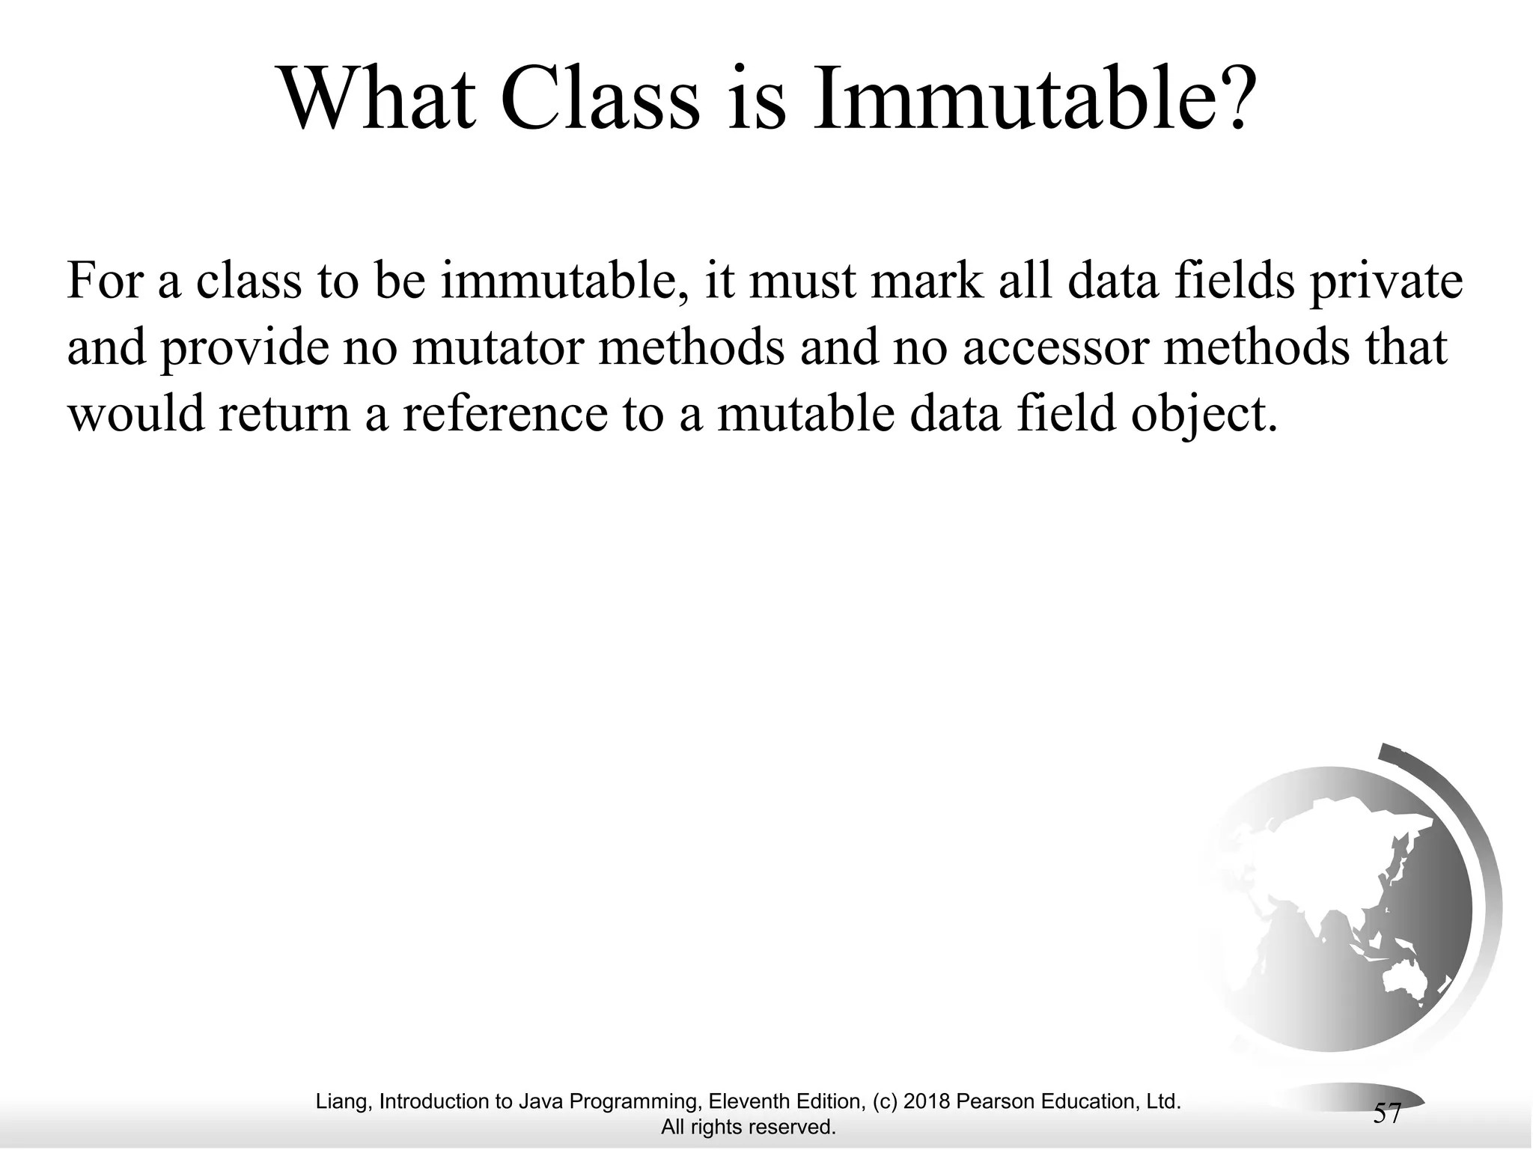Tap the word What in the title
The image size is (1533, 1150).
pos(379,101)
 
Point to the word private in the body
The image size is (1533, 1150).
pos(1385,282)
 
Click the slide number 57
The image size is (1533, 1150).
pos(1387,1113)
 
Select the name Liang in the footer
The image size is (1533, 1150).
pos(341,1101)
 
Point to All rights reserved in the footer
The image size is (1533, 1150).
pos(748,1127)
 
